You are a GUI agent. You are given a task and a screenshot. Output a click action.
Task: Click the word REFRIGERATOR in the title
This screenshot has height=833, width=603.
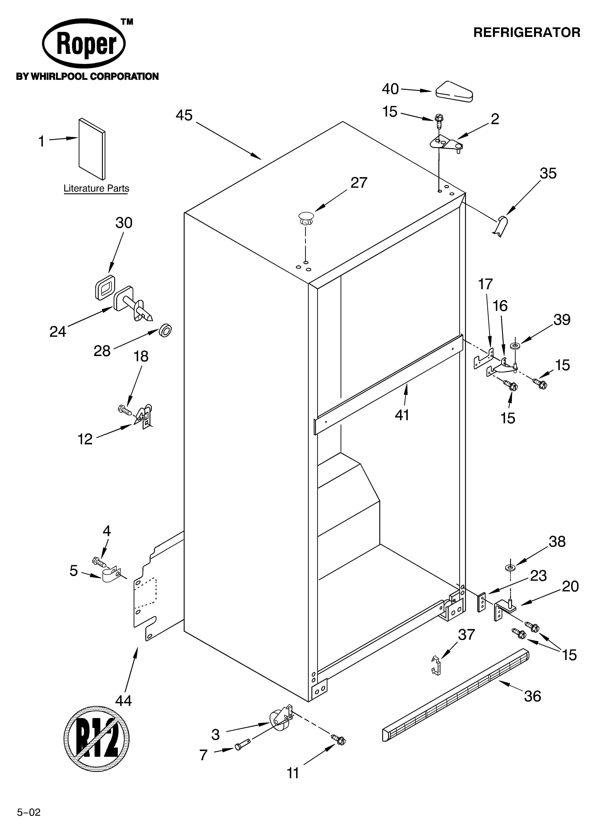click(x=527, y=33)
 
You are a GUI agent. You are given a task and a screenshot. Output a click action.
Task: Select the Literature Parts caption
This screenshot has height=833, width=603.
click(x=96, y=188)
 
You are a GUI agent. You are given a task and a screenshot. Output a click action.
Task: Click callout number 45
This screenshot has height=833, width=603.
click(x=184, y=115)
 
